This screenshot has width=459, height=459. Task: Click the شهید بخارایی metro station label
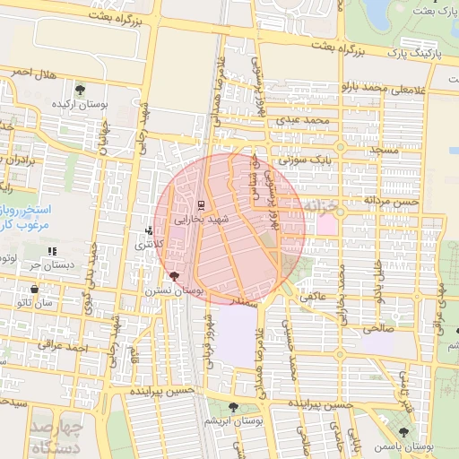point(206,218)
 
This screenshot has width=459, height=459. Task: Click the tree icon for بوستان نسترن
point(174,277)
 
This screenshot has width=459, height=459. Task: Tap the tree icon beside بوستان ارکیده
point(81,89)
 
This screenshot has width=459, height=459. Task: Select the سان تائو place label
point(58,303)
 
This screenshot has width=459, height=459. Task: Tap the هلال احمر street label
point(36,72)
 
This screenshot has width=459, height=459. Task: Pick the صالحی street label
point(377,329)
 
